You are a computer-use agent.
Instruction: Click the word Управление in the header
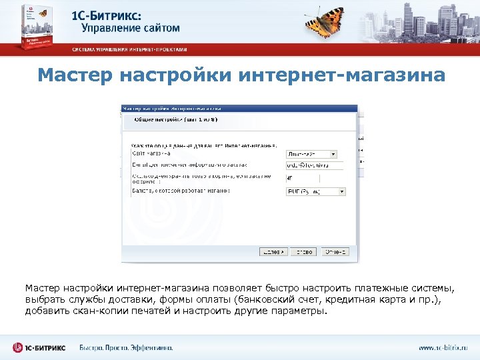[111, 28]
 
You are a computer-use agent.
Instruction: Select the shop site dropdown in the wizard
[311, 153]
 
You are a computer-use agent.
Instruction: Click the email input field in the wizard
[313, 165]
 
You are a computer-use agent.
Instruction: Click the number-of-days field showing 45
[313, 178]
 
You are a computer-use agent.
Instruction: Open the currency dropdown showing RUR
[315, 191]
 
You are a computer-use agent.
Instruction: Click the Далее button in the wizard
[273, 252]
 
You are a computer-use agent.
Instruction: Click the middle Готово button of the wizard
[305, 252]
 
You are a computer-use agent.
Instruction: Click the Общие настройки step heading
[176, 119]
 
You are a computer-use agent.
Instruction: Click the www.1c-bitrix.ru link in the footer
[443, 347]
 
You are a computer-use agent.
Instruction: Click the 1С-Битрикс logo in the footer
[39, 347]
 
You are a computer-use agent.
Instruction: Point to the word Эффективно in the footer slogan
[149, 347]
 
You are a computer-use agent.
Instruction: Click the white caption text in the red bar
[130, 49]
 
